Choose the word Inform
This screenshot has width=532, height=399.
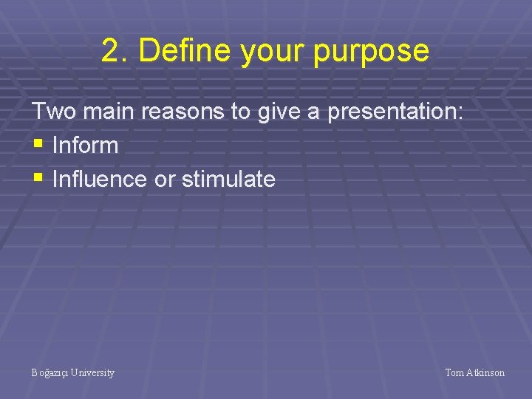pyautogui.click(x=86, y=146)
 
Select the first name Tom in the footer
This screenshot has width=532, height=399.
pyautogui.click(x=454, y=373)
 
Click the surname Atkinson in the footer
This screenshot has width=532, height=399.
pyautogui.click(x=485, y=373)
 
